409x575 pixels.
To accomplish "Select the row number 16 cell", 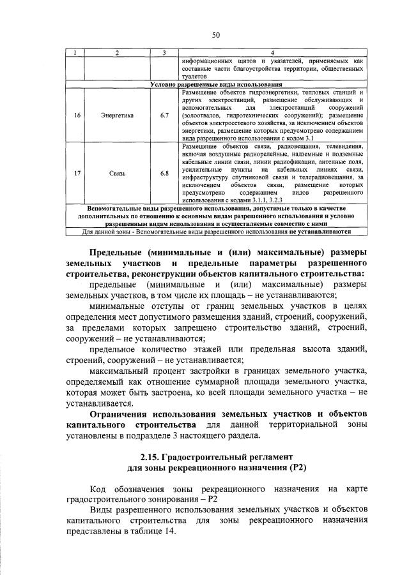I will click(x=77, y=116).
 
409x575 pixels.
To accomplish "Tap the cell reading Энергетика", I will click(x=117, y=116).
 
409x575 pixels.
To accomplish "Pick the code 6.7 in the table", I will click(x=164, y=116).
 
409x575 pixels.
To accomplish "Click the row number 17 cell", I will click(x=77, y=174).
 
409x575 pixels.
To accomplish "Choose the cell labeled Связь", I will click(x=117, y=174).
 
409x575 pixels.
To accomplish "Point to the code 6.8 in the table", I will click(x=164, y=174).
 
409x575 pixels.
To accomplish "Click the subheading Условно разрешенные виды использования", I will click(x=216, y=84).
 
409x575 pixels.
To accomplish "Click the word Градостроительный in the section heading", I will click(x=205, y=457).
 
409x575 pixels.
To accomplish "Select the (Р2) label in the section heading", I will click(x=291, y=469).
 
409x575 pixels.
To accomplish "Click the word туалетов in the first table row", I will click(x=194, y=76).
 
